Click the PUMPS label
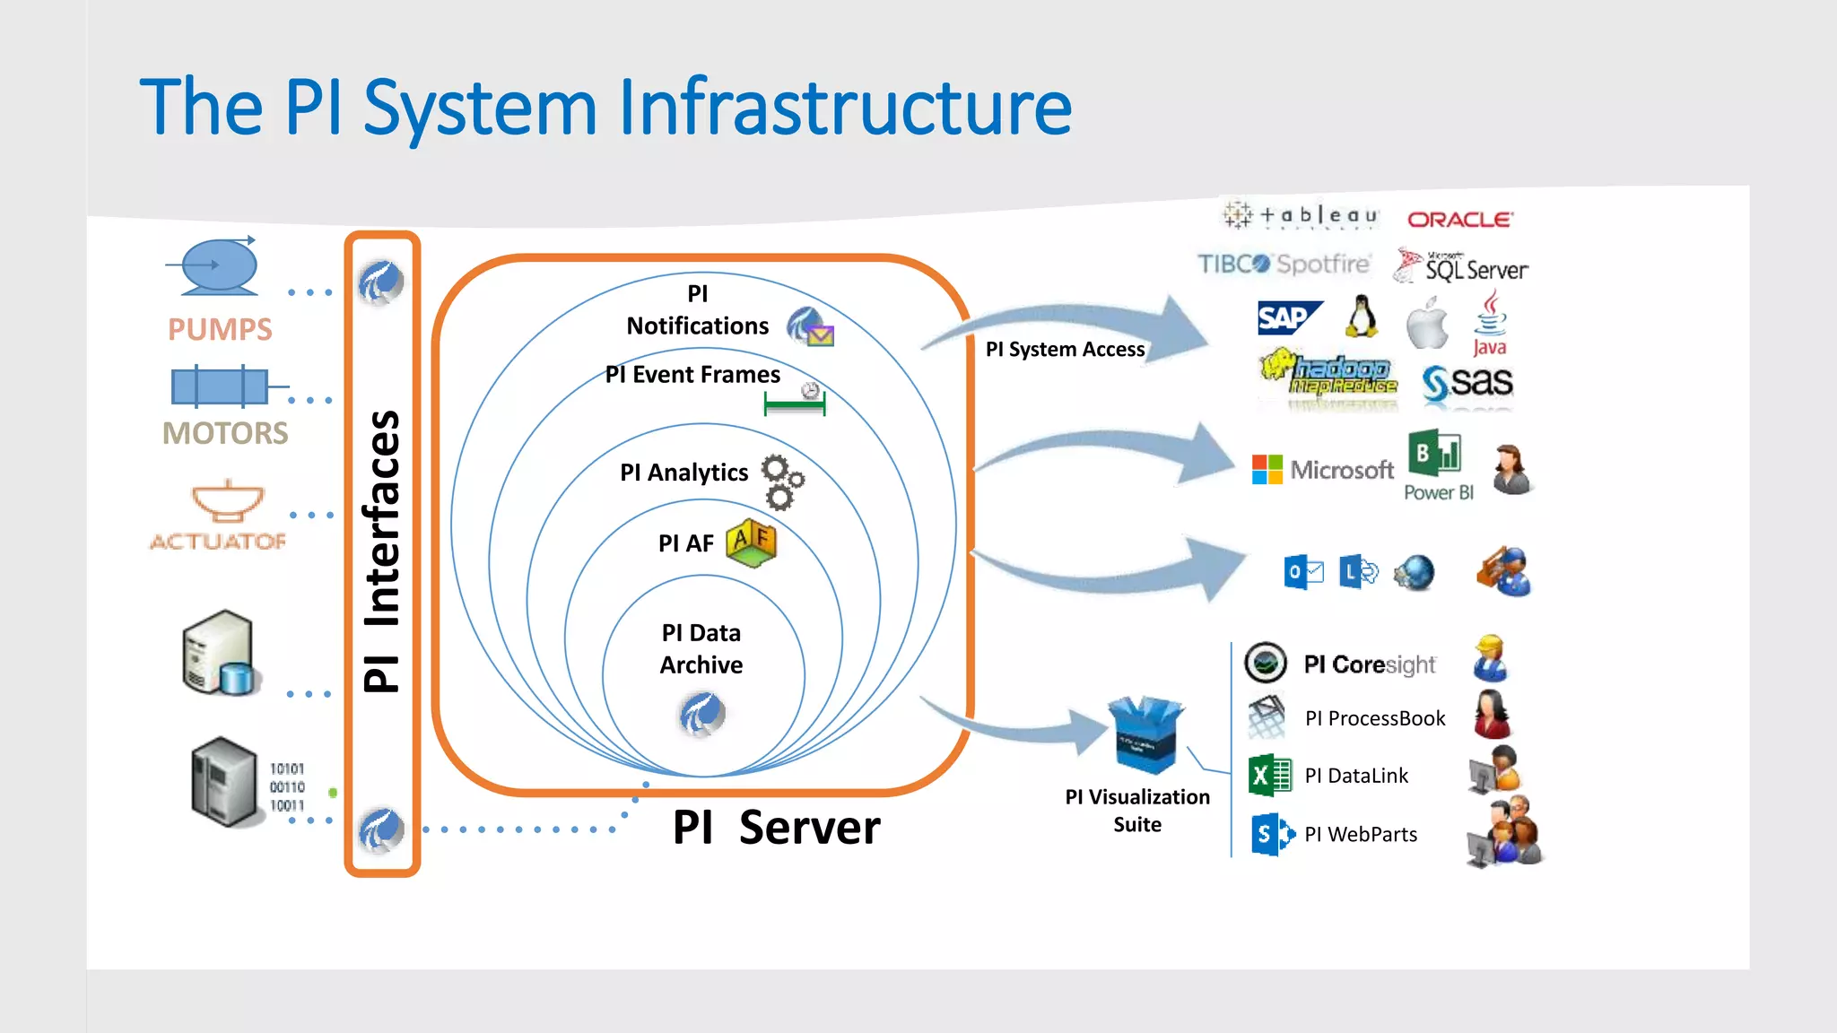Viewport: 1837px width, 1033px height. (220, 329)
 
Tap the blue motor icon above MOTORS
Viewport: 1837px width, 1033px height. (220, 386)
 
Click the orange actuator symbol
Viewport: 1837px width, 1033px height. (228, 501)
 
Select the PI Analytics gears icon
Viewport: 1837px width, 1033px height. (782, 482)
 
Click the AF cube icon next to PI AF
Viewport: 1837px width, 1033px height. (752, 543)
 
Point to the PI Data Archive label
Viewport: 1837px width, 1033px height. (701, 648)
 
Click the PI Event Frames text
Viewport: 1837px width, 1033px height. (692, 374)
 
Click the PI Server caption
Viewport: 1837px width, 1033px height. (777, 827)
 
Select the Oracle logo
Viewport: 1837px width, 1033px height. (1459, 219)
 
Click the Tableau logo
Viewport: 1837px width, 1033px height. (1302, 215)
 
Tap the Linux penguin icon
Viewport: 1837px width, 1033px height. (1363, 317)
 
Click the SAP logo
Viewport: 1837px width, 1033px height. (1288, 318)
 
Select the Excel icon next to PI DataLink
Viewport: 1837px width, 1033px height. (1269, 776)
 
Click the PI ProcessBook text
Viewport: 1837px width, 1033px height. (1375, 718)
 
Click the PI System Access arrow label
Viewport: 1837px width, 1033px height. (1065, 349)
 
